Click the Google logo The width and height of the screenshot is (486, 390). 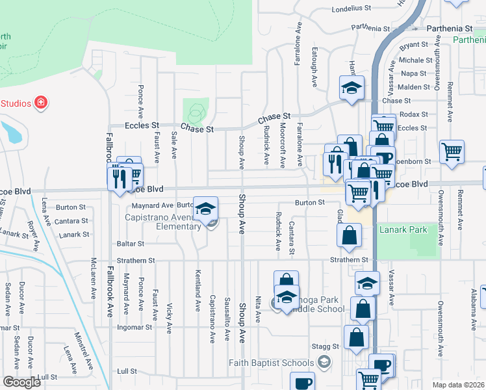click(21, 382)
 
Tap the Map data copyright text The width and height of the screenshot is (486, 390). click(459, 385)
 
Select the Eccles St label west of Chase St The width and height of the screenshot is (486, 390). click(142, 125)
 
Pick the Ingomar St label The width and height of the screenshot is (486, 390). click(134, 326)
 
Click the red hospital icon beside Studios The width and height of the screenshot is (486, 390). click(41, 103)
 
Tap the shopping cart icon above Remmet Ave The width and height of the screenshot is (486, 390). click(452, 151)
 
